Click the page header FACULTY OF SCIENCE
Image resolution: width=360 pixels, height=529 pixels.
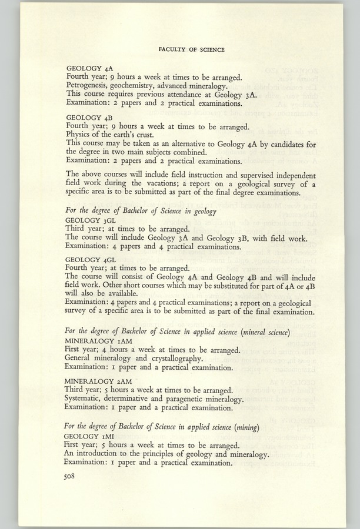tap(191, 50)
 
